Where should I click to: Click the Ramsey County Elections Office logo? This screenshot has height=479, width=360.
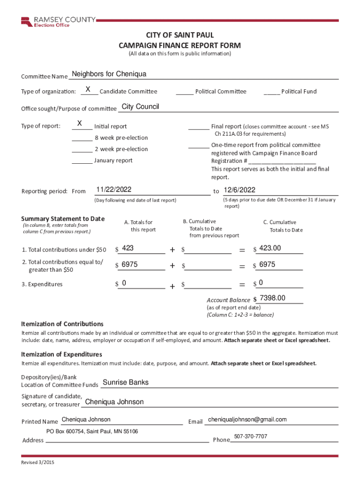(x=58, y=22)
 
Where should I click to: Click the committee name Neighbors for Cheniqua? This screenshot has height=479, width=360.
(x=109, y=74)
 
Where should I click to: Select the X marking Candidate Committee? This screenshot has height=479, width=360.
(x=88, y=89)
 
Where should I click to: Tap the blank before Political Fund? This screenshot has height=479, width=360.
(x=272, y=92)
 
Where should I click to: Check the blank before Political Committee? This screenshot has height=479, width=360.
(x=185, y=92)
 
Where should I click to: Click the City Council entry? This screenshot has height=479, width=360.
(x=140, y=107)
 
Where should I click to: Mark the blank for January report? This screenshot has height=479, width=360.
(x=82, y=161)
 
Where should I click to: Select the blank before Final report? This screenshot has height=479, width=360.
(x=199, y=127)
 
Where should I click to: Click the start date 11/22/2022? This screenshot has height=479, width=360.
(x=114, y=189)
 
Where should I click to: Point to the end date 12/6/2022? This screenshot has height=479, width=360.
(x=239, y=189)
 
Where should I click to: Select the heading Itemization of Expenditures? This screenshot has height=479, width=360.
(x=62, y=354)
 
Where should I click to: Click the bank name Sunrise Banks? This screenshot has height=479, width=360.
(x=125, y=382)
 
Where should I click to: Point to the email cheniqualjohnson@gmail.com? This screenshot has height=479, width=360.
(x=247, y=419)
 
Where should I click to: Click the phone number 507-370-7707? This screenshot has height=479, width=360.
(x=251, y=436)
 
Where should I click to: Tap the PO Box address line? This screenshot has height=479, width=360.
(x=92, y=431)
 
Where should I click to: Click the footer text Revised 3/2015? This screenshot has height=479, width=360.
(x=38, y=463)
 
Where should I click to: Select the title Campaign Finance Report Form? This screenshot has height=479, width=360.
(x=180, y=45)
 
